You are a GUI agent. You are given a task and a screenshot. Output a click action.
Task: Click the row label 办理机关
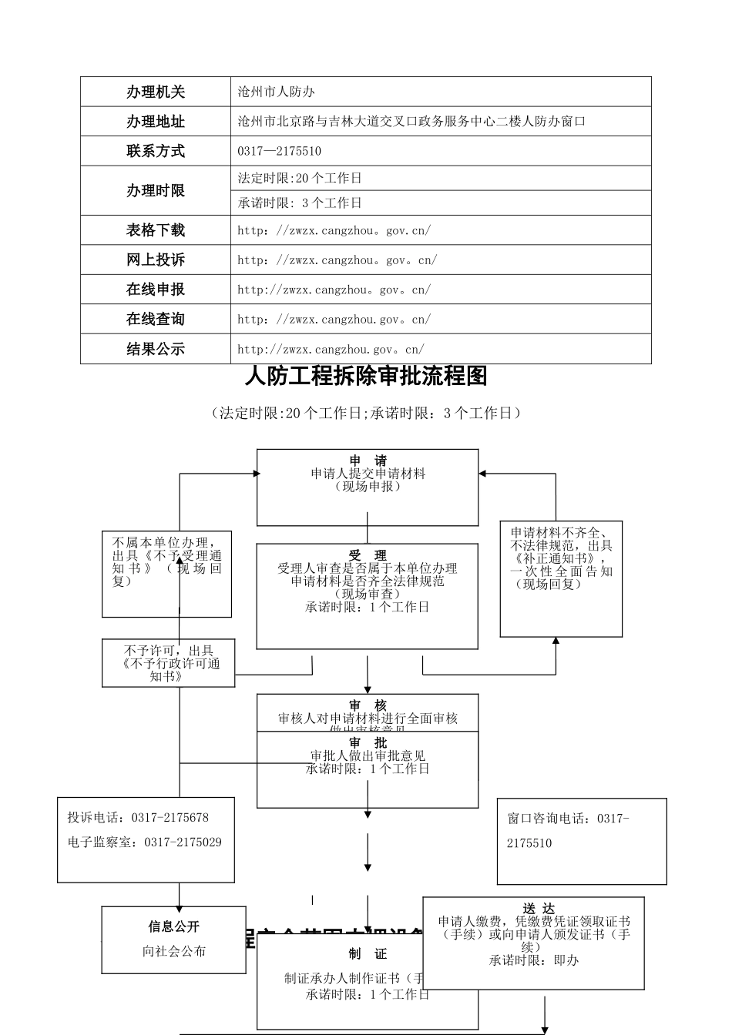coord(156,92)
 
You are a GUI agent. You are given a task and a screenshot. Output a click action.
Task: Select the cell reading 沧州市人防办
coord(277,92)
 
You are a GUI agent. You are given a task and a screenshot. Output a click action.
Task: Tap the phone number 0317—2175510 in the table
coord(279,152)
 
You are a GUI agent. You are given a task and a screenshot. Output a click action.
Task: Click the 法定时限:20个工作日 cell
coord(300,179)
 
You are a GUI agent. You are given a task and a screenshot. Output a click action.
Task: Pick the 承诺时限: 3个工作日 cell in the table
coord(300,203)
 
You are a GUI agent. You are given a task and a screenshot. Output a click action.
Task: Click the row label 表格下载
coord(156,230)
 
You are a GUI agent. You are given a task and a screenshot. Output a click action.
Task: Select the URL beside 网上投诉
coord(337,260)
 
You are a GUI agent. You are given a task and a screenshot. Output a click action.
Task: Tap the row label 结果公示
coord(156,349)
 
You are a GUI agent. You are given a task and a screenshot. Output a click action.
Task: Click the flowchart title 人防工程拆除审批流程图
coord(366,377)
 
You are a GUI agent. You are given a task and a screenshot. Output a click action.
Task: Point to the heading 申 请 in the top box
coord(368,461)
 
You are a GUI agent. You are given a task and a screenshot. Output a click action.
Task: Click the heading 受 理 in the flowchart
coord(368,555)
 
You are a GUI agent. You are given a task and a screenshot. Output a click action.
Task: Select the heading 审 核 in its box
coord(368,705)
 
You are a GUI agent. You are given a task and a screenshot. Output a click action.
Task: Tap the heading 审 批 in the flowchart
coord(368,743)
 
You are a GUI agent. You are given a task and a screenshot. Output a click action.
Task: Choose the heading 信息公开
coord(174,926)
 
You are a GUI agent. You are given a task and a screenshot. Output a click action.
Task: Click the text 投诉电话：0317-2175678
coord(138,818)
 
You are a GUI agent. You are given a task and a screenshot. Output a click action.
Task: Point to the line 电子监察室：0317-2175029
coord(144,842)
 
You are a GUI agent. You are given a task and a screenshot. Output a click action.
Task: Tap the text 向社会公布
coord(174,951)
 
